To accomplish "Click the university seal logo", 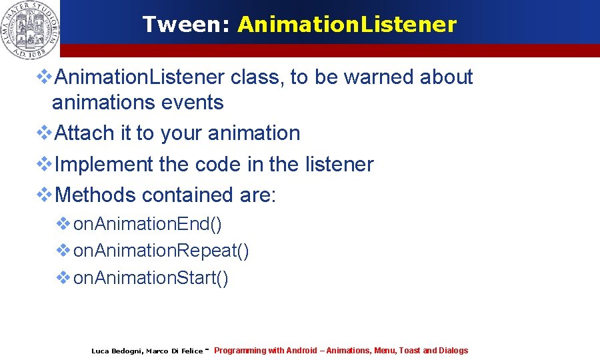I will coord(31,28).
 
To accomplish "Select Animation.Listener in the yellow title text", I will coord(347,25).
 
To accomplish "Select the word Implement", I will coord(104,165).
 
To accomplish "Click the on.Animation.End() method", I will coord(147,224).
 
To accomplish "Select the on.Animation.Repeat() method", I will coord(161,251).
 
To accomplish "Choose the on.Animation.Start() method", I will coord(151,277).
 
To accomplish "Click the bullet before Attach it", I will coord(44,133).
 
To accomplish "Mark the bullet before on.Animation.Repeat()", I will coord(63,251).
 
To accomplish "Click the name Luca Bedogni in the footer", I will coord(115,351).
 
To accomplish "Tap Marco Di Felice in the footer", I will coord(174,351).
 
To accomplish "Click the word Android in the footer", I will coord(301,351).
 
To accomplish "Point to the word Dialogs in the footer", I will coord(453,351).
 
